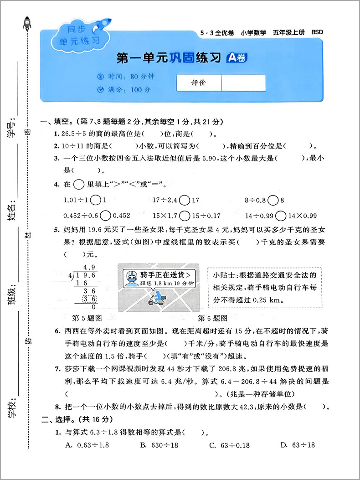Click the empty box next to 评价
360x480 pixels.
(243, 83)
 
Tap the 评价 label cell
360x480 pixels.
(199, 83)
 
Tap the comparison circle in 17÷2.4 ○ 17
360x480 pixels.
(184, 200)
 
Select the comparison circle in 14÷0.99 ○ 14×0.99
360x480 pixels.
(281, 216)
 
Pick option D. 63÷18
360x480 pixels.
(298, 445)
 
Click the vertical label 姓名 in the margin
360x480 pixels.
(12, 212)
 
